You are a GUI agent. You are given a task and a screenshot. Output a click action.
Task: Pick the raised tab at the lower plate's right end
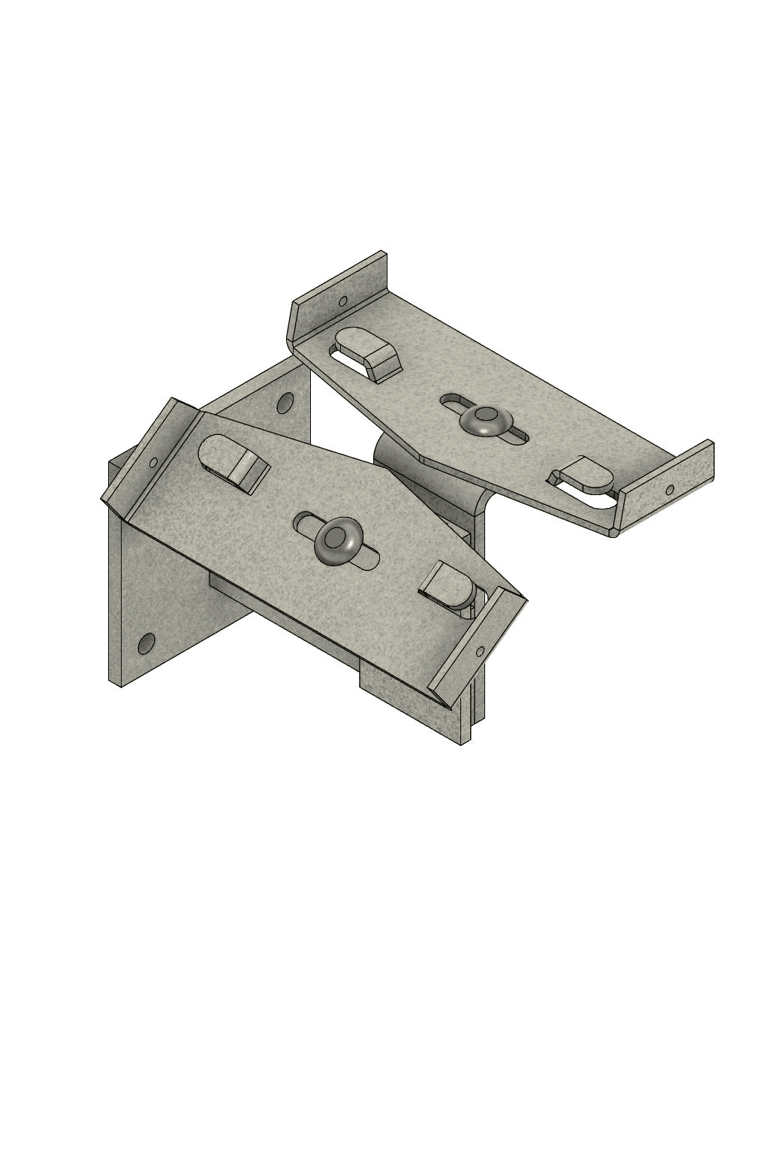[448, 582]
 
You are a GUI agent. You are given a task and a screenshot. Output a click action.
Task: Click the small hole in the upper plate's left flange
[343, 301]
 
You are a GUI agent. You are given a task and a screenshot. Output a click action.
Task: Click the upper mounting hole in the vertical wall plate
[285, 403]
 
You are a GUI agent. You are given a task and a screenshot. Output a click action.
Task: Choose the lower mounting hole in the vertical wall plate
[146, 643]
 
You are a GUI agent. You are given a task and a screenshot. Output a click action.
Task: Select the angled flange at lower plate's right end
[477, 646]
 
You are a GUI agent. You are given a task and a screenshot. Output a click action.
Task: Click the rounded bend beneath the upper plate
[394, 458]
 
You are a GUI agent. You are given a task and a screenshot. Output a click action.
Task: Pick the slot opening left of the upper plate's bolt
[453, 401]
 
